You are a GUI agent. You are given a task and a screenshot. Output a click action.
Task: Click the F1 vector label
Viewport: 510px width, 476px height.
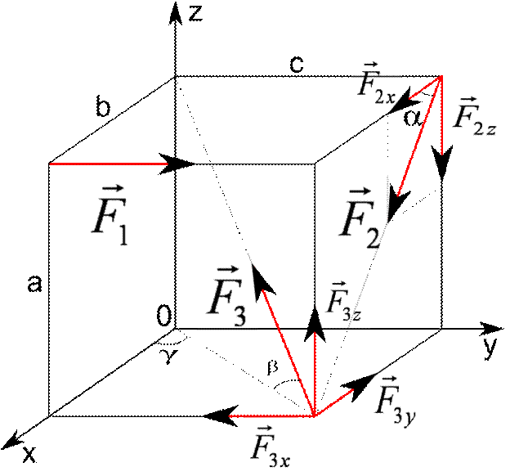tap(110, 213)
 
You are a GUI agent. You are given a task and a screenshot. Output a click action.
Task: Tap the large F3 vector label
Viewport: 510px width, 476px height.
tap(227, 295)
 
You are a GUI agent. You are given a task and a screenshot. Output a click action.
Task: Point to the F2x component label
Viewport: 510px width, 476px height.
tap(376, 83)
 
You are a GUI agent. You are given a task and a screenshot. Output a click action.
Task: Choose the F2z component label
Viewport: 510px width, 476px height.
tap(473, 115)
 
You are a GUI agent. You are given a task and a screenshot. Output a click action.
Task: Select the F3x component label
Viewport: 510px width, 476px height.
tap(271, 445)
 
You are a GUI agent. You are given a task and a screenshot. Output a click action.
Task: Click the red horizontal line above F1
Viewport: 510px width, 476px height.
tap(109, 164)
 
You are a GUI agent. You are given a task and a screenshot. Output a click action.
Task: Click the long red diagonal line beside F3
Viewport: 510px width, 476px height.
tap(288, 344)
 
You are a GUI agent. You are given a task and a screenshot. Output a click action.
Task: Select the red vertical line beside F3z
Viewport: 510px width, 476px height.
tap(315, 373)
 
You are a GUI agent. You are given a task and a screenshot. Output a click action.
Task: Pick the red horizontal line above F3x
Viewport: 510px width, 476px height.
tap(272, 416)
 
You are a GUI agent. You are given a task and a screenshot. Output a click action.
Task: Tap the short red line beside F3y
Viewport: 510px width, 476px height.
tap(334, 402)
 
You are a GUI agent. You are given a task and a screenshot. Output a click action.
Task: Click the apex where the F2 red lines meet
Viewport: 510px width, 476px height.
tap(441, 77)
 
